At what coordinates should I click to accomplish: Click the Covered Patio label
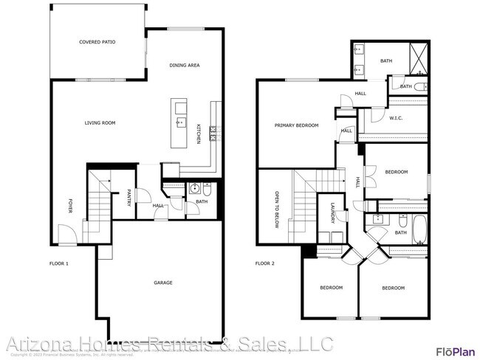[97, 42]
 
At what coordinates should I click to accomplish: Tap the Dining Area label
[185, 66]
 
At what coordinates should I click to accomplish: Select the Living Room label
[100, 123]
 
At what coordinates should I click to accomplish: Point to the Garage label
[163, 283]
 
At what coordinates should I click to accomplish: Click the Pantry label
[128, 198]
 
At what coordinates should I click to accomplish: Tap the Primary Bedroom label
[296, 125]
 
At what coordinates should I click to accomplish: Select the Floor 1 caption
[59, 263]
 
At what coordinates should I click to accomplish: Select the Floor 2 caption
[264, 263]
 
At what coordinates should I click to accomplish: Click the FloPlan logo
[453, 351]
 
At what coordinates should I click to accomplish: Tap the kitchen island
[180, 121]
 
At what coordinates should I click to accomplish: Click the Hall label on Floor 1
[159, 206]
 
